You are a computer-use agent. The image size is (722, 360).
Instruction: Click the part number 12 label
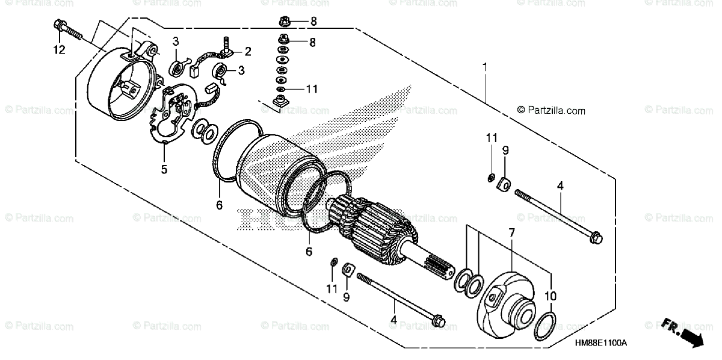click(58, 51)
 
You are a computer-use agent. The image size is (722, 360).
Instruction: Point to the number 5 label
click(164, 170)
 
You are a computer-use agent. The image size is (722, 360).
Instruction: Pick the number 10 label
click(551, 296)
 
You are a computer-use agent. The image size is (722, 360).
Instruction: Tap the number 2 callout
click(247, 51)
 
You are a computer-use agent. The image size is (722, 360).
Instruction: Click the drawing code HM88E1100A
click(600, 343)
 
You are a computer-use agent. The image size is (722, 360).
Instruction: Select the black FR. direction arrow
click(690, 334)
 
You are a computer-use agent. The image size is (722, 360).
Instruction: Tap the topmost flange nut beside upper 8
click(284, 22)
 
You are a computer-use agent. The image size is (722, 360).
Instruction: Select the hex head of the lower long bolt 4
click(439, 319)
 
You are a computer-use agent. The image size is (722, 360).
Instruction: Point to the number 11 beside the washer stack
click(310, 89)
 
